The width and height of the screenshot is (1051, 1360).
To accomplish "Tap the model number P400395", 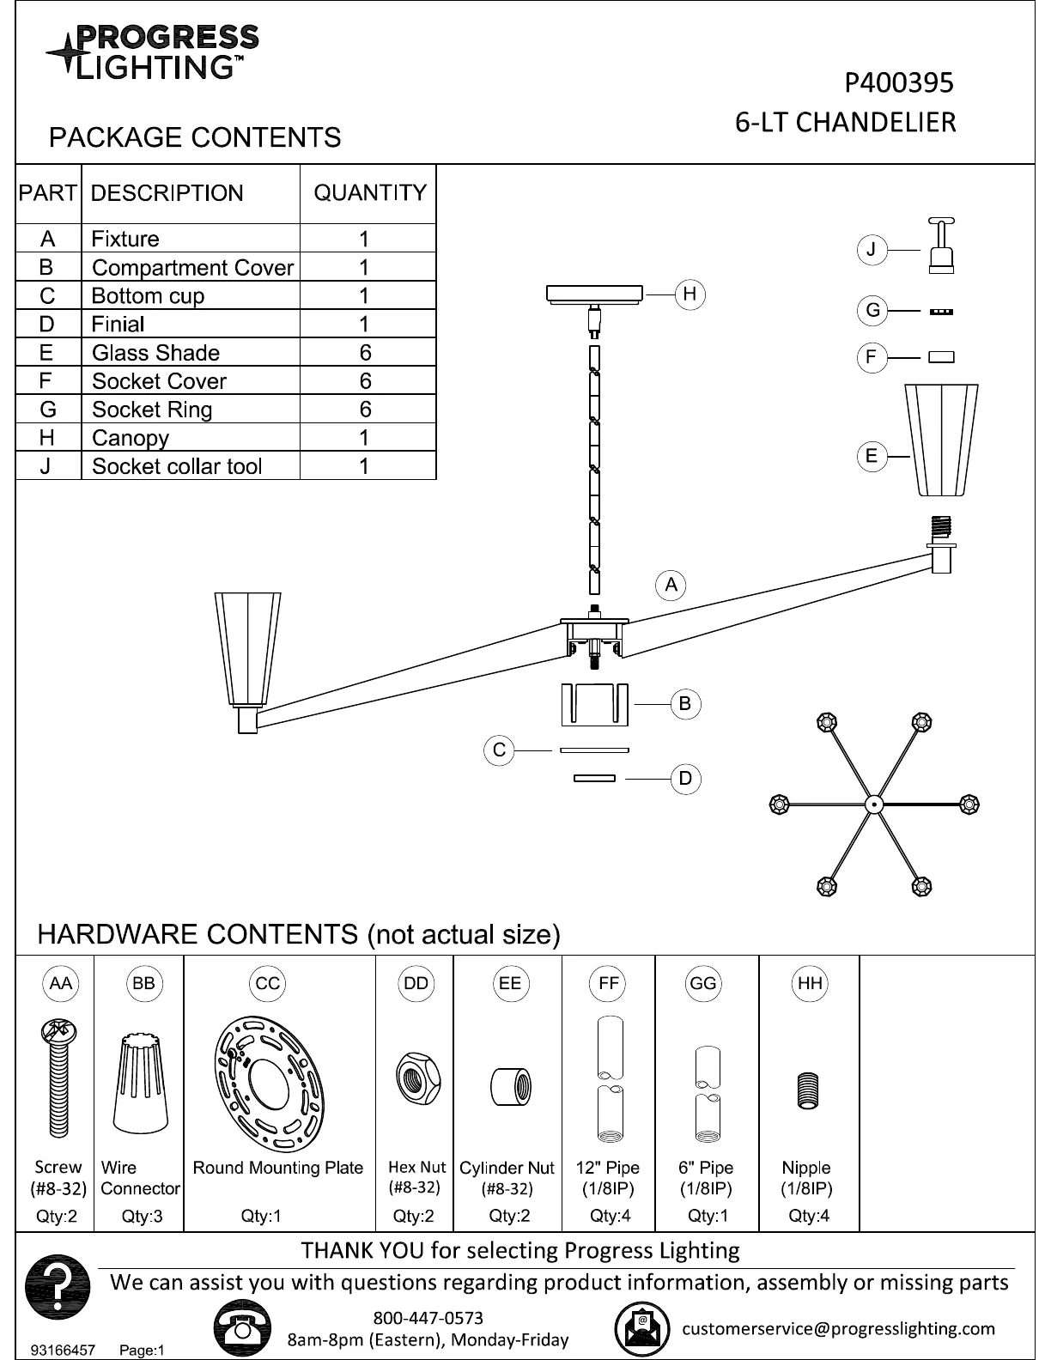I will (x=898, y=82).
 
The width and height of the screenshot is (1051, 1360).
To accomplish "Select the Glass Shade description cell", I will (x=155, y=353).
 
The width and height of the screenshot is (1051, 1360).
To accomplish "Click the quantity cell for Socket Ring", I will (x=366, y=410).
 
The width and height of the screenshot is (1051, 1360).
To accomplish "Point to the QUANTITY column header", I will (x=370, y=193).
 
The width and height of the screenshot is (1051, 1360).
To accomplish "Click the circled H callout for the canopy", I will (x=690, y=294).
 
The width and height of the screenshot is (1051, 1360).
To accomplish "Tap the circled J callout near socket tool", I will (x=872, y=250).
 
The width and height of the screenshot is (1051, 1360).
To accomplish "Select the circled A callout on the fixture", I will (x=671, y=586).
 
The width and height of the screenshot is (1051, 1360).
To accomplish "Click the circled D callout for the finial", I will (x=685, y=779).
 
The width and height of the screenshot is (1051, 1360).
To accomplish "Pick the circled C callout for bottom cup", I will (x=499, y=750).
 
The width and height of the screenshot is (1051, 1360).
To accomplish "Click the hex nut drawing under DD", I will (x=417, y=1079).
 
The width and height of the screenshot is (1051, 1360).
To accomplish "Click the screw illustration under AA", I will (x=58, y=1078).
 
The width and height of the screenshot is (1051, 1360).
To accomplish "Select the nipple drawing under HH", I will (x=807, y=1091).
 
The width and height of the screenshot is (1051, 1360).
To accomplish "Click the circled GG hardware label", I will (x=702, y=984).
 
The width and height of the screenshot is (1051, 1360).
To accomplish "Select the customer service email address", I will (x=838, y=1329).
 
